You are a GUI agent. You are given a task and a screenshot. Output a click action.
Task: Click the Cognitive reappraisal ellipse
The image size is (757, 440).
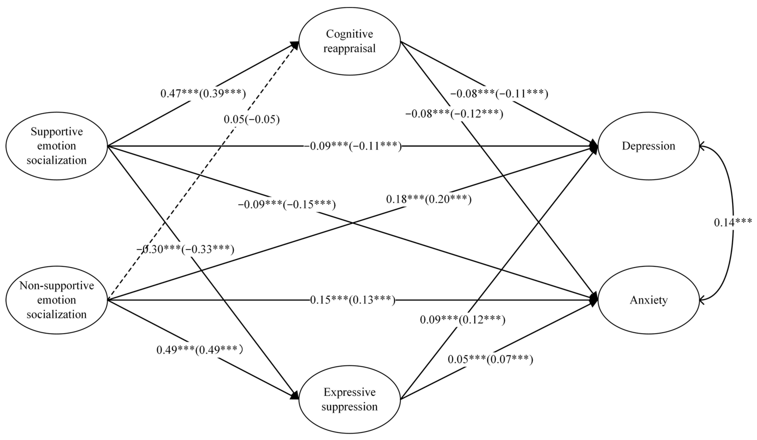pyautogui.click(x=349, y=41)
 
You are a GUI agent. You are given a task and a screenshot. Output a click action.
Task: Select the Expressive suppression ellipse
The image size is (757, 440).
pyautogui.click(x=349, y=399)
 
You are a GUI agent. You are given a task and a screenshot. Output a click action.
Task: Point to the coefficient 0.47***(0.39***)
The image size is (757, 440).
pyautogui.click(x=203, y=94)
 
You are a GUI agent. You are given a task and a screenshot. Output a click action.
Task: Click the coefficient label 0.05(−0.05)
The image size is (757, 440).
pyautogui.click(x=252, y=119)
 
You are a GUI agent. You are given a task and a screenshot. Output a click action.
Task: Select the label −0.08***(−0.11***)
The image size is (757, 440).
pyautogui.click(x=499, y=94)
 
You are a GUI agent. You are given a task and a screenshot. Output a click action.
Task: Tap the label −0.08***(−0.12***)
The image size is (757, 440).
pyautogui.click(x=454, y=114)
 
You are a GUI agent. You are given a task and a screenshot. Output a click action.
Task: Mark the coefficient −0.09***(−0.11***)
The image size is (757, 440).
pyautogui.click(x=353, y=146)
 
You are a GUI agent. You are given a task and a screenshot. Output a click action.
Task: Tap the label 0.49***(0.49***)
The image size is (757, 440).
pyautogui.click(x=200, y=350)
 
